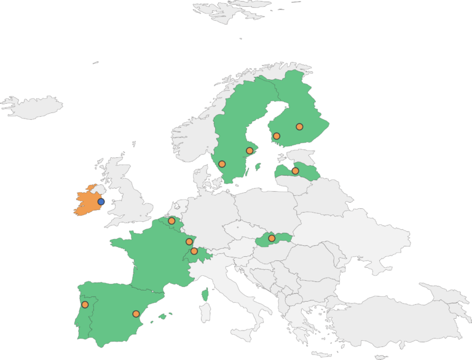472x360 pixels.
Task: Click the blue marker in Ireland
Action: (x=101, y=202)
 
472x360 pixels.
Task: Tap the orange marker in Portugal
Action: (x=85, y=305)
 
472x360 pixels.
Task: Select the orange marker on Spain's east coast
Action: (x=136, y=314)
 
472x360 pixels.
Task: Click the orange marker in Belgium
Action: (x=171, y=221)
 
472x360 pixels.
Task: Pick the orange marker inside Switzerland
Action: (x=194, y=251)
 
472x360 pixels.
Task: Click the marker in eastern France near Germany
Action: (x=189, y=242)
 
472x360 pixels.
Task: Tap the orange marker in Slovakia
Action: (x=272, y=238)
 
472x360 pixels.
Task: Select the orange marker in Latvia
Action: (x=295, y=171)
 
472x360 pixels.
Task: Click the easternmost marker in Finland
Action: (x=299, y=127)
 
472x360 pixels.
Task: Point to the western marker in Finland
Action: (x=277, y=136)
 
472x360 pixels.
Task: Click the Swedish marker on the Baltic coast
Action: (x=250, y=151)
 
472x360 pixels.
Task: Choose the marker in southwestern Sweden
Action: (x=222, y=164)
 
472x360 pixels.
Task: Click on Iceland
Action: (x=34, y=107)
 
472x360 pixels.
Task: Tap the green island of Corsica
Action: (x=205, y=295)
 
